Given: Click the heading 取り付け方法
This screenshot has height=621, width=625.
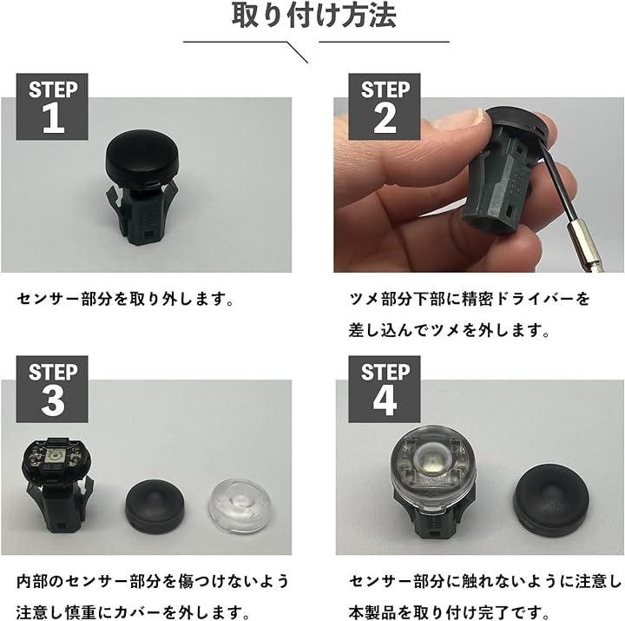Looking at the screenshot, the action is (x=313, y=16).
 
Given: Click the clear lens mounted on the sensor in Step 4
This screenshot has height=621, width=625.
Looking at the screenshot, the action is (x=433, y=469).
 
